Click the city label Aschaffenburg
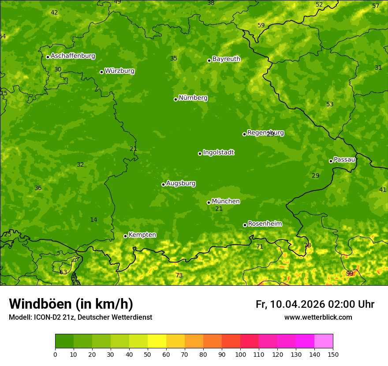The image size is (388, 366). (x=73, y=56)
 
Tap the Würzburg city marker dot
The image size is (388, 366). (x=101, y=72)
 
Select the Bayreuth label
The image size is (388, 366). (x=226, y=59)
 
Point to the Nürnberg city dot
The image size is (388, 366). (x=175, y=99)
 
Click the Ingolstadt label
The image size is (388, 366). (x=218, y=153)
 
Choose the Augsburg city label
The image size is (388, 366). (x=181, y=183)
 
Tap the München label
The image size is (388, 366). (x=226, y=202)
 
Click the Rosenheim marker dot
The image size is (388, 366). (x=245, y=225)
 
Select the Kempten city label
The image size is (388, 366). (x=142, y=235)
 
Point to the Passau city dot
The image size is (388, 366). (x=331, y=161)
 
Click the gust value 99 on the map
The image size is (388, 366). (x=350, y=273)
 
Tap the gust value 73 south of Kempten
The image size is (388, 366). (x=179, y=275)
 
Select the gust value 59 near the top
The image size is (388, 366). (x=261, y=25)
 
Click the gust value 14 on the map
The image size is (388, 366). (x=93, y=220)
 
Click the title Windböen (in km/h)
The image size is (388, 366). (x=71, y=304)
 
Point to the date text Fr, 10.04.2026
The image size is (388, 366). (x=290, y=304)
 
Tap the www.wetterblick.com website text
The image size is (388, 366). (x=318, y=317)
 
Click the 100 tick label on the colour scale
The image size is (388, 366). (x=240, y=354)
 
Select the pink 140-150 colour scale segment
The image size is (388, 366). (x=324, y=341)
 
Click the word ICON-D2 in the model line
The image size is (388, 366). (x=46, y=317)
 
